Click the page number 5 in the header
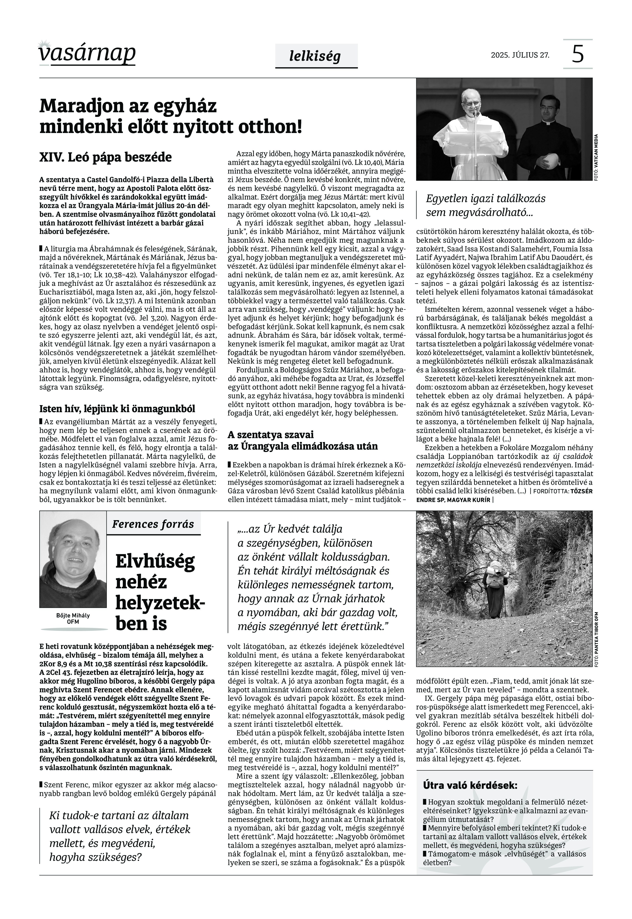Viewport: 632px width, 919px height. click(578, 54)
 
